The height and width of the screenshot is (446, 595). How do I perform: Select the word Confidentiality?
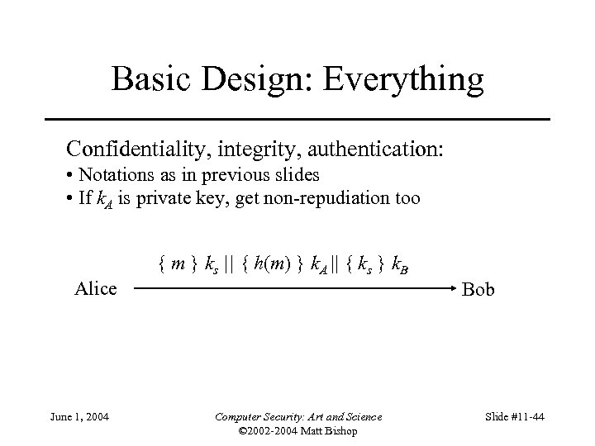pos(145,149)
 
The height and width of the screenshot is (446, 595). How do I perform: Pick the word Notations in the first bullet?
pos(115,175)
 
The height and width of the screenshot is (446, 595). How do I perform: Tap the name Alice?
pos(96,288)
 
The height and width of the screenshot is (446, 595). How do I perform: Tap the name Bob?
pos(478,290)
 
